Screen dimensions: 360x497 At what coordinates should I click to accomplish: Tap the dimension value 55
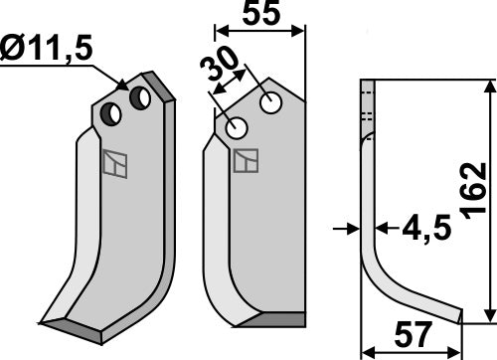[x=261, y=16]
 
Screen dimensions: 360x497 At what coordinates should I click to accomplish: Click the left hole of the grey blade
[x=115, y=114]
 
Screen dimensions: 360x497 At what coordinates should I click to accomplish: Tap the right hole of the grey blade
[x=140, y=98]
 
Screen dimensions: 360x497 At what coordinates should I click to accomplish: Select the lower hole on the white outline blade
[x=237, y=128]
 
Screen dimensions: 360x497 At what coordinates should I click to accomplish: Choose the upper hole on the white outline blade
[x=269, y=101]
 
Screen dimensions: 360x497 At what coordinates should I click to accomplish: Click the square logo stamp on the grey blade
[x=115, y=163]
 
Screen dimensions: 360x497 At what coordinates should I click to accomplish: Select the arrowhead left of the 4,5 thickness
[x=356, y=228]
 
